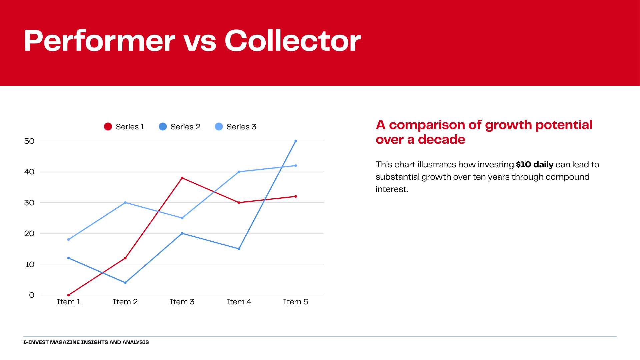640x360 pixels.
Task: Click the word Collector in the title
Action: point(293,40)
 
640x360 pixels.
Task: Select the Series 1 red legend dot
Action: point(108,127)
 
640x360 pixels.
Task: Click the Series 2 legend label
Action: point(185,127)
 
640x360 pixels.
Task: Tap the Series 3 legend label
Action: point(241,127)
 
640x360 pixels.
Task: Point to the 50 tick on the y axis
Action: point(29,141)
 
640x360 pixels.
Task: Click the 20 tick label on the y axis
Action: point(29,233)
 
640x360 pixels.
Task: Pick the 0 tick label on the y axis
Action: point(32,295)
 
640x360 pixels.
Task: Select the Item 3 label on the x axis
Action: point(182,302)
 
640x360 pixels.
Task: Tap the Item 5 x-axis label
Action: point(296,302)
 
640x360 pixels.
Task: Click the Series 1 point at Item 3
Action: point(182,178)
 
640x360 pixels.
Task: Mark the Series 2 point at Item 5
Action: point(296,141)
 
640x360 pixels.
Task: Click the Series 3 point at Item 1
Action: point(69,239)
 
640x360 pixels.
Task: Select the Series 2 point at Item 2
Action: point(125,283)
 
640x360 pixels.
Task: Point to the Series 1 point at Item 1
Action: point(69,295)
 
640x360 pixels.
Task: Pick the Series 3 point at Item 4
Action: point(239,172)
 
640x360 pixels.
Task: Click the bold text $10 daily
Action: point(535,165)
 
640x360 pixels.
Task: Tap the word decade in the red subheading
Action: point(442,139)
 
